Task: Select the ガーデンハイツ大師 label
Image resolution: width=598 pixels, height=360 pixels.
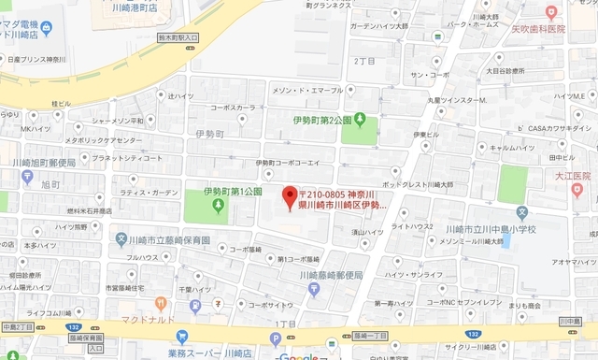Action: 381,27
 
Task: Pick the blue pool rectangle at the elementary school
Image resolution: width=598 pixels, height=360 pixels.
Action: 505,241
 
